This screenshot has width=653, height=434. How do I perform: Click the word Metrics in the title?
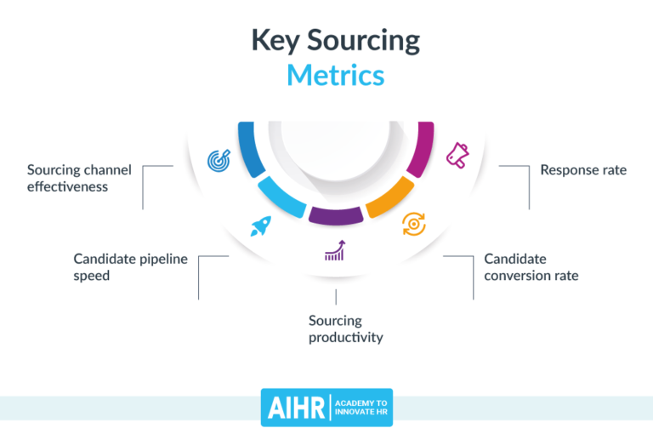pyautogui.click(x=335, y=74)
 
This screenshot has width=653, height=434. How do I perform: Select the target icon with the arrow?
pyautogui.click(x=219, y=159)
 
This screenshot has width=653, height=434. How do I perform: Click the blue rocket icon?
pyautogui.click(x=260, y=226)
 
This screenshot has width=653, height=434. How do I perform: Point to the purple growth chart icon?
pyautogui.click(x=334, y=250)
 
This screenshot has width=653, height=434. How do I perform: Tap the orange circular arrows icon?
pyautogui.click(x=413, y=224)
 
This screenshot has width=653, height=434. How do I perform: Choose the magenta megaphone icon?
pyautogui.click(x=457, y=155)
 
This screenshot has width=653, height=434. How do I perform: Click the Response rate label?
pyautogui.click(x=583, y=170)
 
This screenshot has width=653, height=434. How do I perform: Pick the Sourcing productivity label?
pyautogui.click(x=345, y=328)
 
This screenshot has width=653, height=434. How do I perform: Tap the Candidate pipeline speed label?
pyautogui.click(x=130, y=266)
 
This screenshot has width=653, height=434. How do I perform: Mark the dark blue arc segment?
pyautogui.click(x=248, y=148)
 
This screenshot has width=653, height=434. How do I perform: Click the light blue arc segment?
pyautogui.click(x=281, y=198)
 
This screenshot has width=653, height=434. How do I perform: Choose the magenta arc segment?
pyautogui.click(x=423, y=148)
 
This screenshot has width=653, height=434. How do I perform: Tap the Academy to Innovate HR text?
pyautogui.click(x=362, y=407)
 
